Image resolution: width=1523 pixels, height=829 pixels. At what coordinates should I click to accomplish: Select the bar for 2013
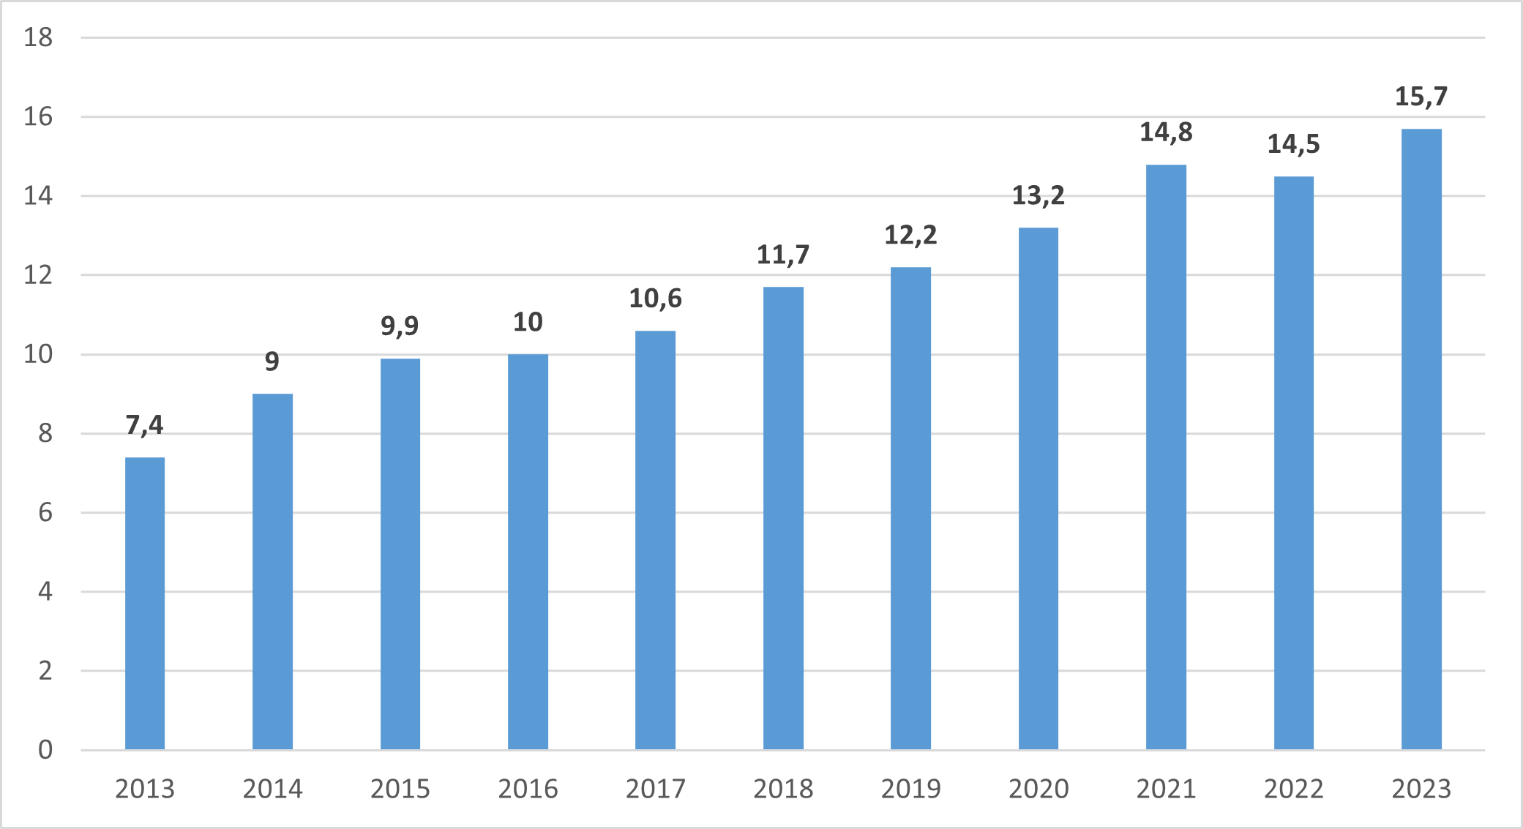click(145, 604)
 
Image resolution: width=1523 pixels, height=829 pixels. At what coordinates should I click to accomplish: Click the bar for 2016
click(528, 552)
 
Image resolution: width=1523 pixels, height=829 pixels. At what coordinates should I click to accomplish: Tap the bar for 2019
click(910, 509)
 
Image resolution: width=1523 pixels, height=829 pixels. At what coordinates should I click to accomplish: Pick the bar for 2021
click(1166, 457)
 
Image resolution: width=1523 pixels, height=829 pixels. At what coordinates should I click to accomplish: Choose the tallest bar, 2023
click(1421, 439)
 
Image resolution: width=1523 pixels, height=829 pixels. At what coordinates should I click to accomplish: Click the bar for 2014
click(272, 571)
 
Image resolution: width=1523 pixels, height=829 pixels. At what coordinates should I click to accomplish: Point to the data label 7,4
click(145, 425)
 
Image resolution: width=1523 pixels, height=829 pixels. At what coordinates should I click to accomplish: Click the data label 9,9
click(400, 326)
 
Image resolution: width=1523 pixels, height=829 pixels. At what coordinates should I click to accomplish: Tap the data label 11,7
click(783, 255)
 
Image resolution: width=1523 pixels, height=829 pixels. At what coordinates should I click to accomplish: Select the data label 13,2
click(1038, 195)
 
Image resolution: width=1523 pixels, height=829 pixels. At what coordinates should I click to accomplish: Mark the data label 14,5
click(1293, 144)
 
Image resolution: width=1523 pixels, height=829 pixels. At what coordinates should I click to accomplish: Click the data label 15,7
click(1421, 97)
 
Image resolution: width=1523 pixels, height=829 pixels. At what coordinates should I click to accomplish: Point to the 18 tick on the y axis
click(38, 37)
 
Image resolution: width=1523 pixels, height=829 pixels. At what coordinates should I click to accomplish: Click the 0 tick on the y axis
click(45, 749)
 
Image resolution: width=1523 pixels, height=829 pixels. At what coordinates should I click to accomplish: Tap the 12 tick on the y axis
click(38, 275)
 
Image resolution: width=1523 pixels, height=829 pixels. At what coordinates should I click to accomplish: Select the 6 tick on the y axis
click(45, 512)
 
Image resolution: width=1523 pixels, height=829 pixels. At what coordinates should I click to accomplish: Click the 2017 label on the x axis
click(655, 789)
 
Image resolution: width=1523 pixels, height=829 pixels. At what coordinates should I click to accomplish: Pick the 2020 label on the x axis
click(1038, 789)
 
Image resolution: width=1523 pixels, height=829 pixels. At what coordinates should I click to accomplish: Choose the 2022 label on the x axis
click(1293, 789)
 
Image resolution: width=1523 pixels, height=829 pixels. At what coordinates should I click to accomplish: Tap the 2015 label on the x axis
click(400, 789)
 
